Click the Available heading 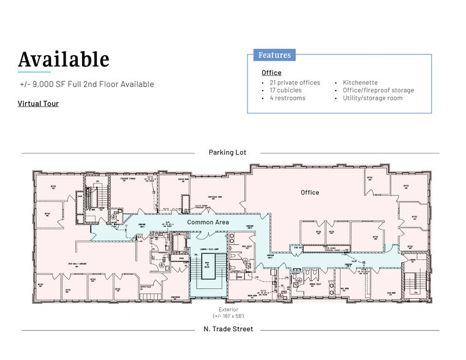pyautogui.click(x=64, y=59)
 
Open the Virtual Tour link pyautogui.click(x=38, y=103)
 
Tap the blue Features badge pyautogui.click(x=274, y=55)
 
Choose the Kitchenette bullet pyautogui.click(x=360, y=83)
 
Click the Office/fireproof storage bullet pyautogui.click(x=378, y=90)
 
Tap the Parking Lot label pyautogui.click(x=227, y=152)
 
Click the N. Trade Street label pyautogui.click(x=228, y=329)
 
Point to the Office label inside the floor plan pyautogui.click(x=310, y=192)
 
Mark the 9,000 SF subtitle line pyautogui.click(x=86, y=84)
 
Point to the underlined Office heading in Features pyautogui.click(x=271, y=73)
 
